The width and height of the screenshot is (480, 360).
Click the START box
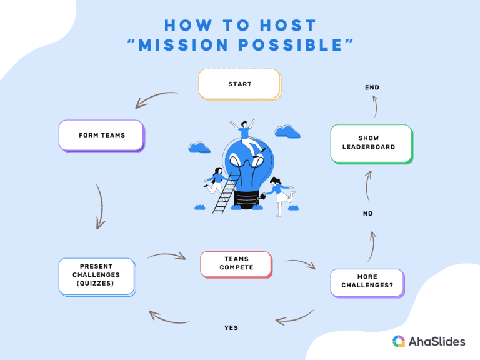pos(239,84)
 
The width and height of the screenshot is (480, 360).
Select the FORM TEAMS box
pos(101,135)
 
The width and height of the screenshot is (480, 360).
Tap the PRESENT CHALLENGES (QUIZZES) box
pos(96,275)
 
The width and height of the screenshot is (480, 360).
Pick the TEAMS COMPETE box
pos(236,264)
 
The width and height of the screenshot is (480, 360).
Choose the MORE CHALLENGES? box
pos(367,281)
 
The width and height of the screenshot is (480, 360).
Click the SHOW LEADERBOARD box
pos(371,143)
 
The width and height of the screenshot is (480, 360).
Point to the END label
pos(372,87)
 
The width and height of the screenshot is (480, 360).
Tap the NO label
pos(367,214)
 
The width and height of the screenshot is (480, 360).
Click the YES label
pos(231,327)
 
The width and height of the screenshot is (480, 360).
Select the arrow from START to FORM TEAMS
pos(157,98)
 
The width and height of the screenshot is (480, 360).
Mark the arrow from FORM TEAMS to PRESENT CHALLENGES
pos(99,207)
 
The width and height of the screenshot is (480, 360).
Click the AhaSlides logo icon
pos(399,341)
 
